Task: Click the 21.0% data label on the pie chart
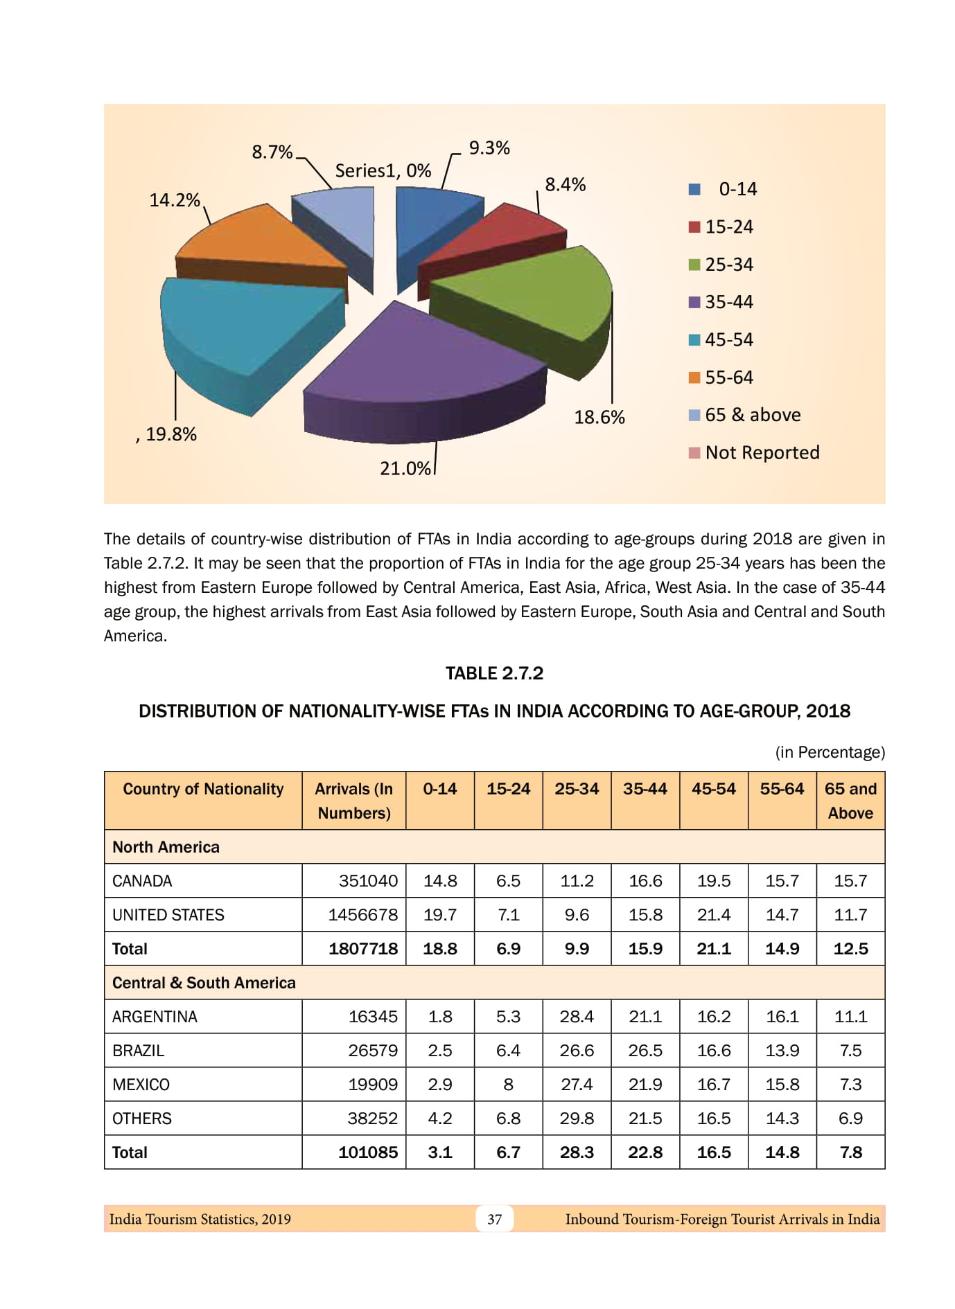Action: [405, 469]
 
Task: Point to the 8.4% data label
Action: [565, 185]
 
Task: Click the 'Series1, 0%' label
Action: [383, 171]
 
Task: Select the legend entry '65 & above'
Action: [752, 415]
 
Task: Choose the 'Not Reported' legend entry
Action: [762, 453]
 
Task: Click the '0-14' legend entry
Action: [737, 189]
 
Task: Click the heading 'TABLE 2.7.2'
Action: [494, 673]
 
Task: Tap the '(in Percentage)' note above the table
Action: [830, 752]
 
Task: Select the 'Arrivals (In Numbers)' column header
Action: [353, 801]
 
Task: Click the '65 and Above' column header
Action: [850, 801]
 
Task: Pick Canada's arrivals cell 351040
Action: [368, 881]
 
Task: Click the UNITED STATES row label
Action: [168, 915]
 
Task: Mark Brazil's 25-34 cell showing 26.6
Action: [577, 1051]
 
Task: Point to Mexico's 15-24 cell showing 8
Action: [508, 1085]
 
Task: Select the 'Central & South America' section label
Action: [204, 983]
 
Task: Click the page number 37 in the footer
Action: [494, 1219]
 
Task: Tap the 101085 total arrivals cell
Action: [368, 1152]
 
